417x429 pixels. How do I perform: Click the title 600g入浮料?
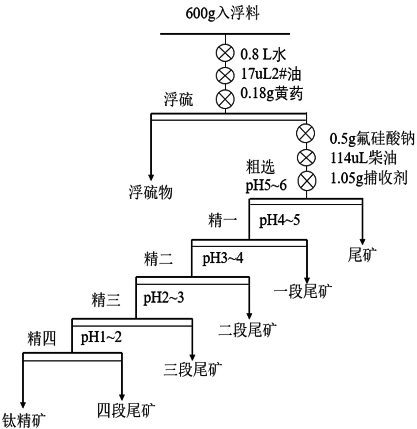(x=222, y=14)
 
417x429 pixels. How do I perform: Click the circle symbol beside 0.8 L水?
(x=225, y=53)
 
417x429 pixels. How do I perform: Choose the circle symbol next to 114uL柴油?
(x=306, y=158)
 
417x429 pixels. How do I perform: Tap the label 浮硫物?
(x=151, y=192)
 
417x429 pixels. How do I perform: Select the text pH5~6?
(x=266, y=185)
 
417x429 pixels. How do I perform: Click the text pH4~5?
(x=279, y=220)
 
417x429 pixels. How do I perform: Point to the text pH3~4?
(x=223, y=258)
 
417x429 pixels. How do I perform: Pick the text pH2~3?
(x=163, y=298)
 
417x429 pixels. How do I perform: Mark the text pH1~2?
(x=101, y=337)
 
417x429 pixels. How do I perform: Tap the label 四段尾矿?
(x=126, y=410)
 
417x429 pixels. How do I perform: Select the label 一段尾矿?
(x=303, y=291)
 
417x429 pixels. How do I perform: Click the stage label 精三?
(x=106, y=300)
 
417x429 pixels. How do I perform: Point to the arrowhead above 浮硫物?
(x=151, y=177)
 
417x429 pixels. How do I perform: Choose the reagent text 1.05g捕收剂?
(x=369, y=178)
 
